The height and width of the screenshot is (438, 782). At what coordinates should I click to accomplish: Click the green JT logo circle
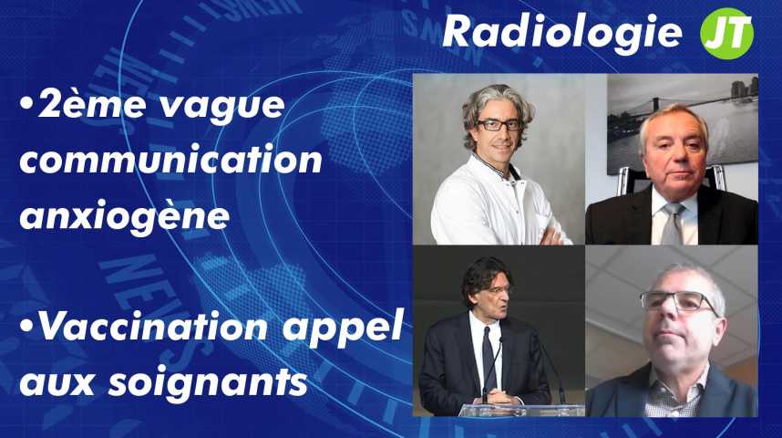(726, 33)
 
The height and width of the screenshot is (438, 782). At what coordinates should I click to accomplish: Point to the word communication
(171, 160)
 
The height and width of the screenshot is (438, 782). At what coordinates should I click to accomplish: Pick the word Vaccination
(153, 326)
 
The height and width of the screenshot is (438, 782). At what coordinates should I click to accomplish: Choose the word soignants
(208, 383)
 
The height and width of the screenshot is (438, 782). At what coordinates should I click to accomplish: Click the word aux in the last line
(57, 383)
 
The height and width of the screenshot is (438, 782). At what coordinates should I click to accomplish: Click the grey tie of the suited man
(673, 224)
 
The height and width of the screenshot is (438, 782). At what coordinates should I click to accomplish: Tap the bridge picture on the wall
(683, 124)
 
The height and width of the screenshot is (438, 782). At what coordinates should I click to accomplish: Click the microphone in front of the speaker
(493, 369)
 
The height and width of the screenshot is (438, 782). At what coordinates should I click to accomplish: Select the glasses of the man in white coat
(499, 125)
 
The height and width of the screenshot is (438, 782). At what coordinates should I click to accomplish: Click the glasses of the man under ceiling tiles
(679, 302)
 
